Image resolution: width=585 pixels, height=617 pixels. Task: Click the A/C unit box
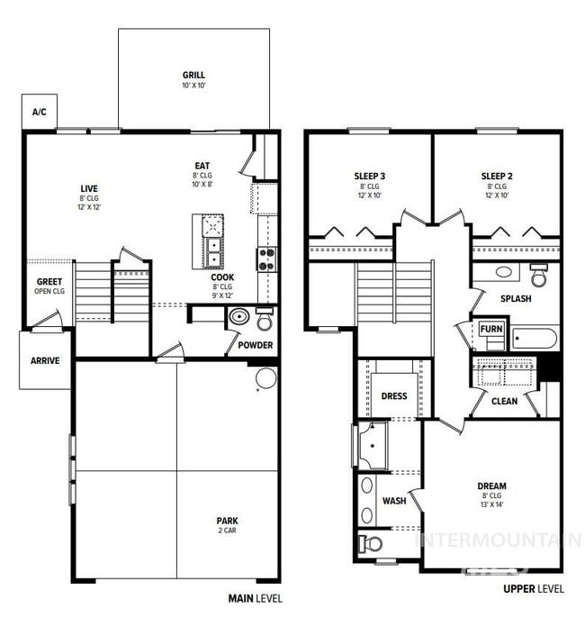click(40, 113)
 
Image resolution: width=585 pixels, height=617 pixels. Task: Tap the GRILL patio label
click(193, 76)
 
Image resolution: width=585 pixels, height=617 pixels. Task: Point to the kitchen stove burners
click(267, 259)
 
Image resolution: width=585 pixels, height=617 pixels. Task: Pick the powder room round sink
click(239, 317)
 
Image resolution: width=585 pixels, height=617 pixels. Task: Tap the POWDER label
click(256, 345)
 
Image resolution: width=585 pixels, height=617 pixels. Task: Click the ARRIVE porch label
click(45, 360)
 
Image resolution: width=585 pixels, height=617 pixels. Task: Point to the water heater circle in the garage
click(265, 377)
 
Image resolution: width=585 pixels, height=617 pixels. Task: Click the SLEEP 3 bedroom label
click(370, 177)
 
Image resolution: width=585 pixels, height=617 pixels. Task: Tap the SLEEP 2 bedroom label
click(497, 177)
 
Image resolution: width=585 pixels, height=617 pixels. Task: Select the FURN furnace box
click(491, 330)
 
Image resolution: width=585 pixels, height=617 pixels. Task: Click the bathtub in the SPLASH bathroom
click(535, 339)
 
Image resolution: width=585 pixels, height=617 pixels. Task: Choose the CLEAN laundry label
click(504, 401)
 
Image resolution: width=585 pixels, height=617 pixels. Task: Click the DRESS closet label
click(394, 395)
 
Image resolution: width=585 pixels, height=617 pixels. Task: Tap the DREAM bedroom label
click(491, 486)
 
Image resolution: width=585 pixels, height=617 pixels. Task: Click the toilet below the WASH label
click(372, 543)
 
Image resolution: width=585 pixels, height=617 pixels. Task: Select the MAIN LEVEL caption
click(256, 596)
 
